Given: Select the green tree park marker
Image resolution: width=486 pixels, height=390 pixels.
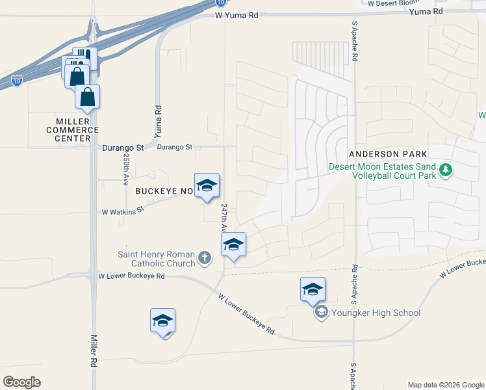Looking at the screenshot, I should [x=445, y=171].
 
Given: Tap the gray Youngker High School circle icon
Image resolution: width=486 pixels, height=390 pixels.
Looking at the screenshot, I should [x=320, y=313].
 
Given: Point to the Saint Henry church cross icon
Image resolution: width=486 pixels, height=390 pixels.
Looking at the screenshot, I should [x=204, y=258].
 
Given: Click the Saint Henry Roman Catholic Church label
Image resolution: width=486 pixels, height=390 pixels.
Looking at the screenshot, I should [x=157, y=259].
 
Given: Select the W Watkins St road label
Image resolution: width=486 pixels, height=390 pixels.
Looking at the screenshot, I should [x=123, y=211].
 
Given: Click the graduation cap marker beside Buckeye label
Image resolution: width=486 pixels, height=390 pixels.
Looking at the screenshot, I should [x=207, y=185].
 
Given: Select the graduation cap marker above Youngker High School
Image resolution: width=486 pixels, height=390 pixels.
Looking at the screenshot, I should [x=313, y=288].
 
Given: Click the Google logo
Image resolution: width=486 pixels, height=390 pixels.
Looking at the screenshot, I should [x=21, y=382].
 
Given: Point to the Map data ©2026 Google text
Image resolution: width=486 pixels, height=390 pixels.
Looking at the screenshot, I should [x=446, y=385].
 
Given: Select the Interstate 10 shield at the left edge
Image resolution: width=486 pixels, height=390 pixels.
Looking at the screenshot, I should [x=17, y=81].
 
